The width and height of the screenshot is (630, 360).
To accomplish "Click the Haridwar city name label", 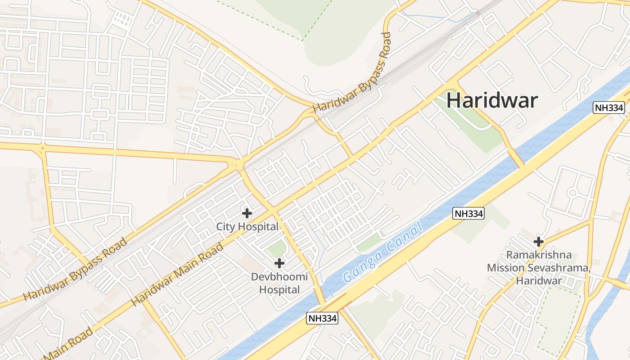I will coord(492,100).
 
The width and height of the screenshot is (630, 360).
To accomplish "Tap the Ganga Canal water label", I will coord(383,252).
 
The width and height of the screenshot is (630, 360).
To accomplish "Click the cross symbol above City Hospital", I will coord(247,213).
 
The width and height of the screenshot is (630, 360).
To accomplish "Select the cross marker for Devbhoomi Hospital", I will coord(279,263).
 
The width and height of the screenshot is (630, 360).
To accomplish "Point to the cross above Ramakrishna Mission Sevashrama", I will coord(538,241).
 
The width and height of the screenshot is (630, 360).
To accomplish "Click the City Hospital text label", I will coord(247,226).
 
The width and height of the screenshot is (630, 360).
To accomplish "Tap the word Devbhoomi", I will coord(279,277).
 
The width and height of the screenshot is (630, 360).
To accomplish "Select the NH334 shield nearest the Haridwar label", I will coord(609,108).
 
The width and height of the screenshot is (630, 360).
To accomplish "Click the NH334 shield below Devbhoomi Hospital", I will coord(322,318).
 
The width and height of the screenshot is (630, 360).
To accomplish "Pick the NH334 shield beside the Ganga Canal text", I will coord(468,214).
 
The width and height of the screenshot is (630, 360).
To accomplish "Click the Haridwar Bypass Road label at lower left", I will coord(75,270).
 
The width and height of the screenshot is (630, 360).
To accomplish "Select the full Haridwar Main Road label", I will coord(177,274).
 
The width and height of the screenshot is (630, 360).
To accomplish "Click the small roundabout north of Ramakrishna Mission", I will coord(572,193).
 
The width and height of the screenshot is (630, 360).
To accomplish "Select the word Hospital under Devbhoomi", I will coord(279,290).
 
